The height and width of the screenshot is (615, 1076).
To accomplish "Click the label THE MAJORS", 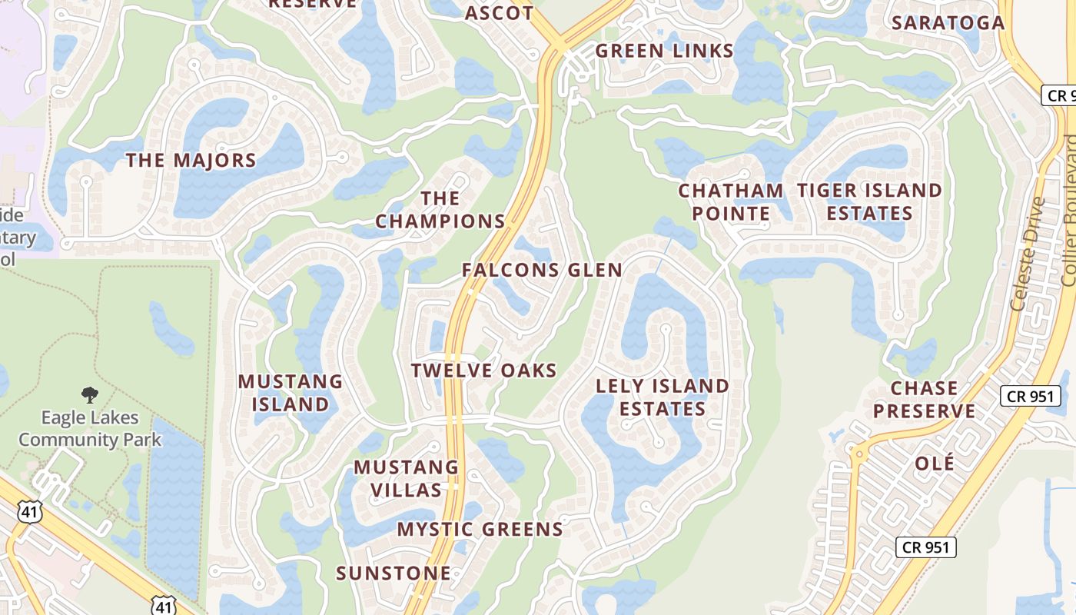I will coord(191,161).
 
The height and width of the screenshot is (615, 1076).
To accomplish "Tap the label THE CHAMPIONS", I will coord(440,210).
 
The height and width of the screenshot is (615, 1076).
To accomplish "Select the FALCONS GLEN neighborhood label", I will coord(542,270).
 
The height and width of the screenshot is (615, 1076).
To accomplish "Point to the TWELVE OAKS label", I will coord(483,371).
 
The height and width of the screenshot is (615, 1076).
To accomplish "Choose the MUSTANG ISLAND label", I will coord(291,393).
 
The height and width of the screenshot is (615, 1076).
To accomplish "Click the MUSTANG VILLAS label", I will coord(406,478).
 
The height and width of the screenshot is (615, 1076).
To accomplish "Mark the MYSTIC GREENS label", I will coord(480,530).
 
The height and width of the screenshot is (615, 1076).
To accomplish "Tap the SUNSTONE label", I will coord(394,573).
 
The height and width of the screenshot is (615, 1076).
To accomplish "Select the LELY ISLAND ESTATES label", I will coord(663,397).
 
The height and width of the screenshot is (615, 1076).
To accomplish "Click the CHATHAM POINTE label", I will coord(730,201).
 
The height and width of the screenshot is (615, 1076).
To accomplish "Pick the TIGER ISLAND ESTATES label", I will coord(869,201).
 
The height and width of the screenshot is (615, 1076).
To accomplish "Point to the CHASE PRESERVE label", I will coord(924,400).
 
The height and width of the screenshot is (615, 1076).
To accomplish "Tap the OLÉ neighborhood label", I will coord(935,464).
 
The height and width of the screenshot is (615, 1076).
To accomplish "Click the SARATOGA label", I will coord(948,23).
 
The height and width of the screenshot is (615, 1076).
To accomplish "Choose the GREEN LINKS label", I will coord(665,52).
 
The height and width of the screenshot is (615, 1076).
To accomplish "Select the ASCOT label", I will coord(500,13).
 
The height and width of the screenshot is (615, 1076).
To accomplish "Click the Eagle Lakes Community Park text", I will coord(90,429).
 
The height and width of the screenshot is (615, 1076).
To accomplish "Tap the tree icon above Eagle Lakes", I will coord(90,395).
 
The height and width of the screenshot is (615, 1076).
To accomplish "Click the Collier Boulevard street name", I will coord(1068,211).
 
